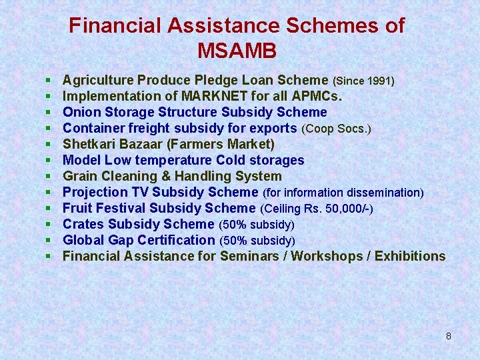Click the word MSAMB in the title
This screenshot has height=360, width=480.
click(237, 50)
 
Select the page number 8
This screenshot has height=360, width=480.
click(449, 336)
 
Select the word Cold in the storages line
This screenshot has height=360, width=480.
click(231, 160)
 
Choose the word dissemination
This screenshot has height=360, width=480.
click(379, 193)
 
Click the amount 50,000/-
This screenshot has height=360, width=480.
click(346, 209)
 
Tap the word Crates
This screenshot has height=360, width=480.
click(83, 224)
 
